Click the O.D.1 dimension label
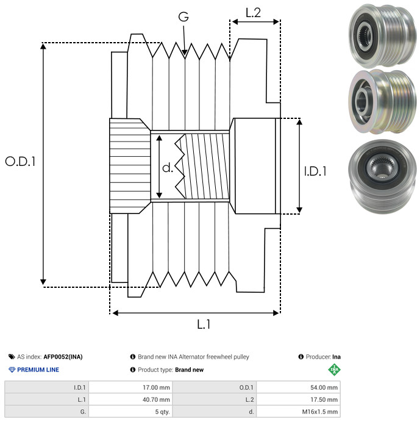21,162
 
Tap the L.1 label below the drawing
204,325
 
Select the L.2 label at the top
253,13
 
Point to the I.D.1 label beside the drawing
315,172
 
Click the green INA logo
333,370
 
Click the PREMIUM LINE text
38,370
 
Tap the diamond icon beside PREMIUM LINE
12,370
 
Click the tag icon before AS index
12,357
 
